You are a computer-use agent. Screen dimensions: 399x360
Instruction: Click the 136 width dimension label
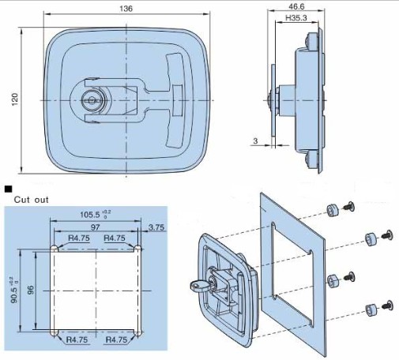[126, 9]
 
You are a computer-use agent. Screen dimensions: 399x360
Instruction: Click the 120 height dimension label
[15, 99]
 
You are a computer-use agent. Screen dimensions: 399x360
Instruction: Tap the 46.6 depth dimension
[296, 6]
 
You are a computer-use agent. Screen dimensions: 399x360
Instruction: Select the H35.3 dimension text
[296, 18]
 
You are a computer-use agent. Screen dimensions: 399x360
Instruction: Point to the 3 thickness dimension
[255, 141]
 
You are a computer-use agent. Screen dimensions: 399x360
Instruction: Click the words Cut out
[32, 200]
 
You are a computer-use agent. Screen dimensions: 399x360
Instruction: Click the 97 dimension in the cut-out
[95, 227]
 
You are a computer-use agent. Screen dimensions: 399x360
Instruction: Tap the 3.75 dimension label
[156, 227]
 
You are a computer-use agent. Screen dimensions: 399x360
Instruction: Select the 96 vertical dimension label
[31, 290]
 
